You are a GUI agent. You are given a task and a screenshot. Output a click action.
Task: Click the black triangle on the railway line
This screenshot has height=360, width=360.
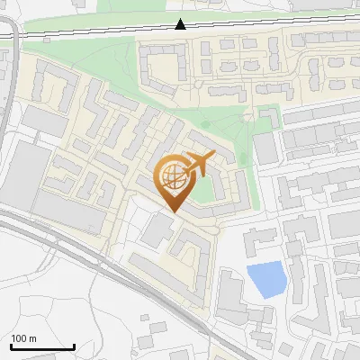181,23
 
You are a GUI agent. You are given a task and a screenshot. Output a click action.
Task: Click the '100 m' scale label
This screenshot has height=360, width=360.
24,338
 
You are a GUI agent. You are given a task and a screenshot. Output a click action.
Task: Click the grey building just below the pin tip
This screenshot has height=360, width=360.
158,230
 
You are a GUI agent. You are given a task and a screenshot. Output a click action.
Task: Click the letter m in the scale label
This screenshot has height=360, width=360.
32,338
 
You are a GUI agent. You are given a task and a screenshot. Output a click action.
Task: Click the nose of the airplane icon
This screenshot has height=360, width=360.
211,157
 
